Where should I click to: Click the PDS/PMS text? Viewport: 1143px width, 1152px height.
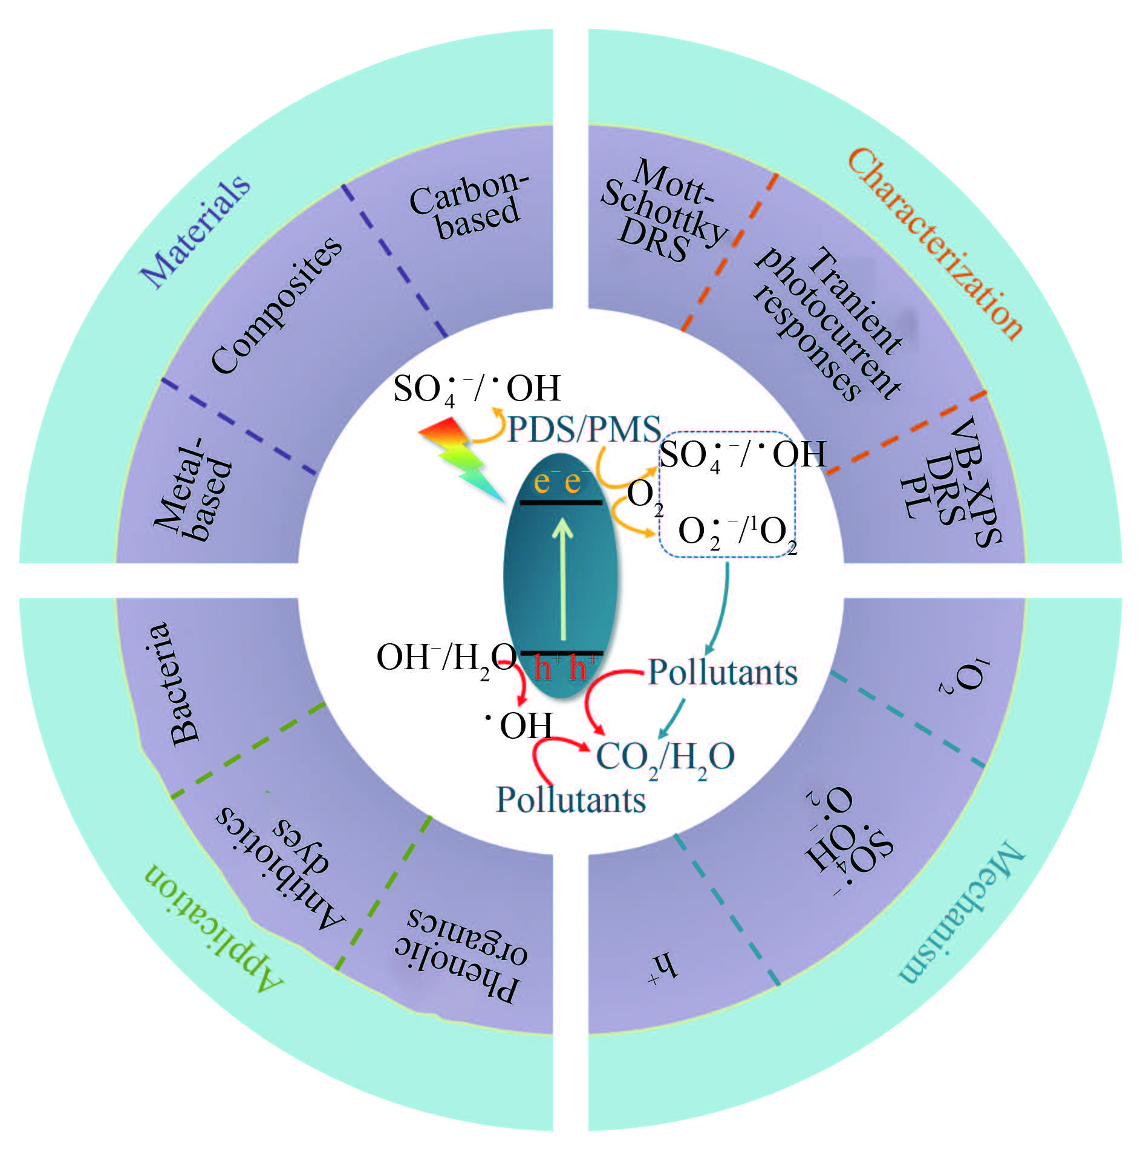pos(583,429)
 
